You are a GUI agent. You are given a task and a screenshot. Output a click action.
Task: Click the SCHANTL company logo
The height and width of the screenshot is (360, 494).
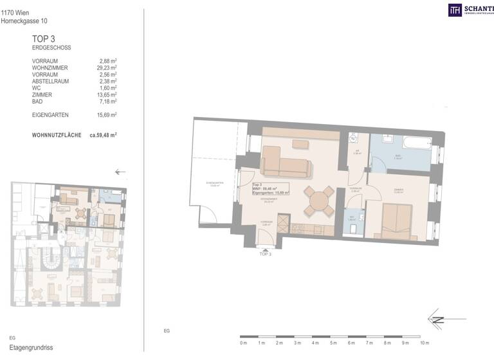(470, 10)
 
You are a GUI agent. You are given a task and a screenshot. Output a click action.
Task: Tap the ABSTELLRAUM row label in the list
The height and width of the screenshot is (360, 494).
(51, 81)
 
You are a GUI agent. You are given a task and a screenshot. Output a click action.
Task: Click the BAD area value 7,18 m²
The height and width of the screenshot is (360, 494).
(106, 102)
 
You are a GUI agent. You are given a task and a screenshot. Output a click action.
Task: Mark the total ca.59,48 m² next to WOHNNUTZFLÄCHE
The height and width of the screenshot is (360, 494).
(103, 136)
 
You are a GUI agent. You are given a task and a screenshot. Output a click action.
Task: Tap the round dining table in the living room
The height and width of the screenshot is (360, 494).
(319, 201)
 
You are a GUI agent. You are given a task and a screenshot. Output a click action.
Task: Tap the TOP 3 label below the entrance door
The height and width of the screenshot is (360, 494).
(266, 255)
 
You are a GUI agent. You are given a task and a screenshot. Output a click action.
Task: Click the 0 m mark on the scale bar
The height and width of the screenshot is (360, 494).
(242, 343)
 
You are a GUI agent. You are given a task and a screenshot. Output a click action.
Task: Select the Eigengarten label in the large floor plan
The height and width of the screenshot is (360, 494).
(214, 183)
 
